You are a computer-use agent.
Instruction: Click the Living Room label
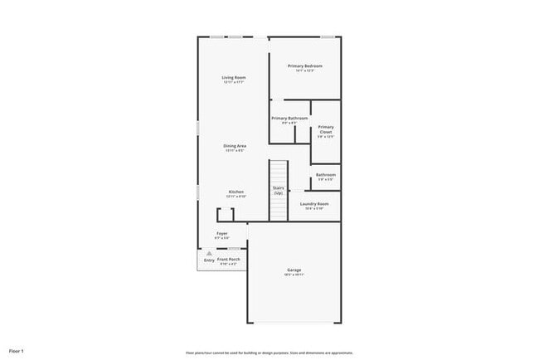pyautogui.click(x=234, y=77)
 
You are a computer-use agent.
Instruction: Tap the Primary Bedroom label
pyautogui.click(x=304, y=66)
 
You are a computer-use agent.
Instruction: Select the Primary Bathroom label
pyautogui.click(x=289, y=118)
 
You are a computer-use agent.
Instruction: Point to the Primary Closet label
pyautogui.click(x=326, y=129)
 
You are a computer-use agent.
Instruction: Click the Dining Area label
pyautogui.click(x=235, y=146)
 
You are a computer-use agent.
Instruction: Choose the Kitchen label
pyautogui.click(x=236, y=192)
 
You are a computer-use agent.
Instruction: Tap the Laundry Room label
pyautogui.click(x=314, y=203)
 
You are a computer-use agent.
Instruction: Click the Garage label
pyautogui.click(x=294, y=270)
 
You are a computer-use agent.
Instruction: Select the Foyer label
pyautogui.click(x=222, y=233)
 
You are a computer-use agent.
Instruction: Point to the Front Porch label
pyautogui.click(x=229, y=260)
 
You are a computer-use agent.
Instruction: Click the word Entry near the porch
pyautogui.click(x=209, y=260)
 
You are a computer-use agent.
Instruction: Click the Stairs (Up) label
pyautogui.click(x=279, y=190)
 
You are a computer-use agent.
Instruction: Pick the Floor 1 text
pyautogui.click(x=17, y=353)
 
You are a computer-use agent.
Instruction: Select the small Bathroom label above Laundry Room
pyautogui.click(x=326, y=174)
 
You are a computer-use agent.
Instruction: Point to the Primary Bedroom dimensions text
pyautogui.click(x=304, y=71)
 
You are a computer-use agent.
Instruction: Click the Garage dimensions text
pyautogui.click(x=294, y=275)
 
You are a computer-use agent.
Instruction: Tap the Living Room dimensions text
pyautogui.click(x=234, y=82)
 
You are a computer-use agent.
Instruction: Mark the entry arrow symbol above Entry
pyautogui.click(x=209, y=253)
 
